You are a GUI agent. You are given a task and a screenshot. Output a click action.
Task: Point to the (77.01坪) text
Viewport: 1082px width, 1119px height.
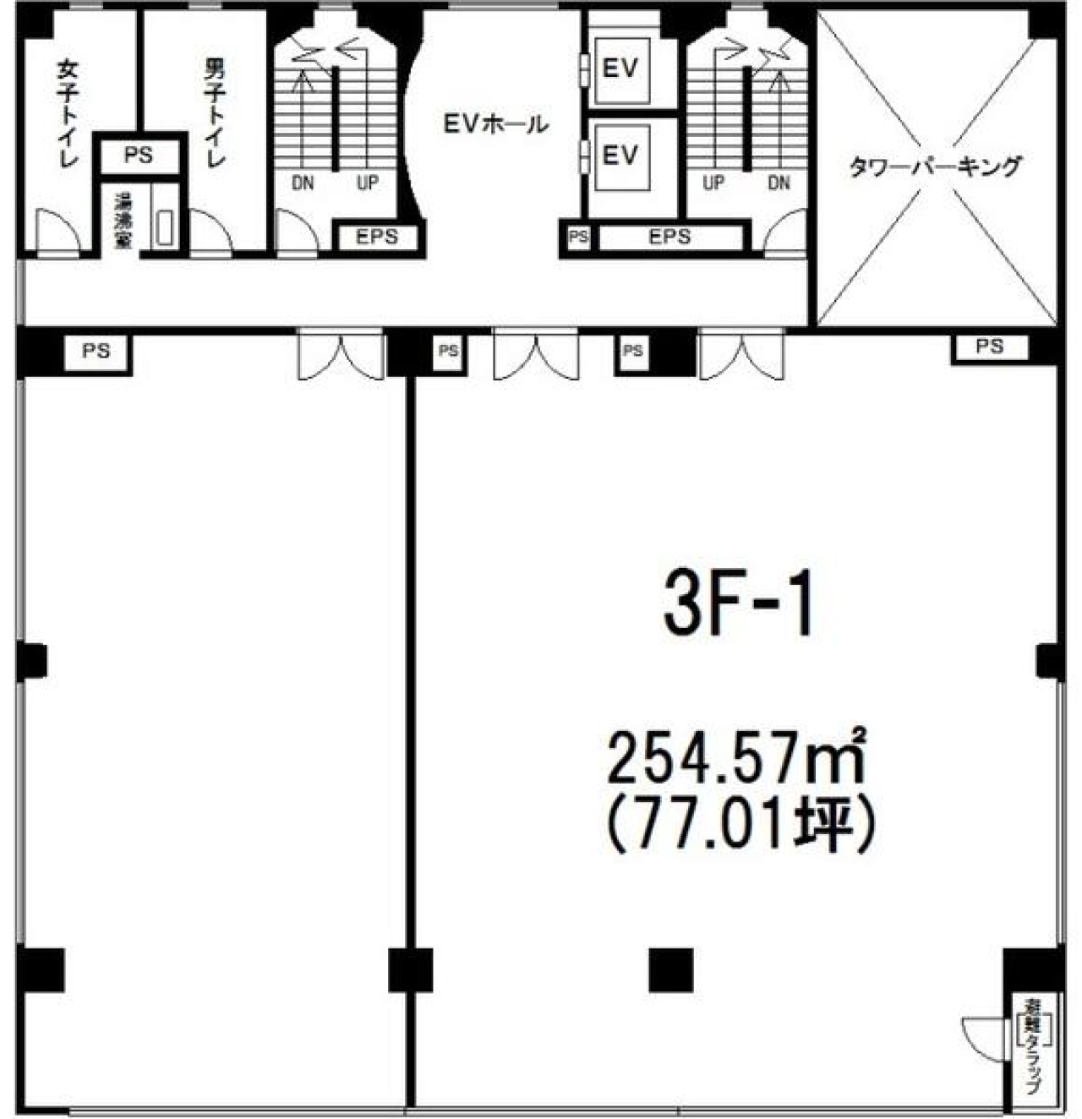coord(737,823)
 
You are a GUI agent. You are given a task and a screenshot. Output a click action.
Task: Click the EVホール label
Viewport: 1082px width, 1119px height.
coord(495,125)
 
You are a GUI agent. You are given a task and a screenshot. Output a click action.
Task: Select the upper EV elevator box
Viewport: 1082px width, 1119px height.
coord(620,69)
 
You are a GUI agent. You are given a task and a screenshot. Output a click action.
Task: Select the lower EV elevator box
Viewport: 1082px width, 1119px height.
coord(620,156)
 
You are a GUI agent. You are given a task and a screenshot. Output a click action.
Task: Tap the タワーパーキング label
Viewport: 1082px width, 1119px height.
coord(935,167)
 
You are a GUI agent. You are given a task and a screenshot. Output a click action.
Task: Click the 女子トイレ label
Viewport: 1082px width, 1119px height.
coord(67,113)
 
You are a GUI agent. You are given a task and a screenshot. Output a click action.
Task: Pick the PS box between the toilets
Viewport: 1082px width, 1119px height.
coord(139,156)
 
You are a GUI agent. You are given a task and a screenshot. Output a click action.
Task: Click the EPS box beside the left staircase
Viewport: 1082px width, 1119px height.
coord(376,237)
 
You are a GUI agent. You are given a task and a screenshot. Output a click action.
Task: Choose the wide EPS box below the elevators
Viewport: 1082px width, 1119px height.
coord(669,237)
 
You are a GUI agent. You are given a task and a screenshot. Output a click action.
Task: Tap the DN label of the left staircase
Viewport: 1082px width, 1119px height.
coord(303,183)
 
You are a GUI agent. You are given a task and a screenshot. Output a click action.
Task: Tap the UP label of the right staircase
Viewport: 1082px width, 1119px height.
coord(713,183)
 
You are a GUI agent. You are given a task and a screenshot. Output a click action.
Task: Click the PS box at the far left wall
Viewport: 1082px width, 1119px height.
coord(96,350)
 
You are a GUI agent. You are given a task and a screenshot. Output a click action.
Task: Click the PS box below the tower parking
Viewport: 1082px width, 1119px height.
coord(989,347)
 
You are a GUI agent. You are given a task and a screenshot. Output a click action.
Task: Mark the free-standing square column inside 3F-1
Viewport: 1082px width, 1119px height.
coord(671,969)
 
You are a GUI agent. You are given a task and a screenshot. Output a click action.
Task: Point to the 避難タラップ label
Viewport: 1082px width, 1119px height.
coord(1033,1048)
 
